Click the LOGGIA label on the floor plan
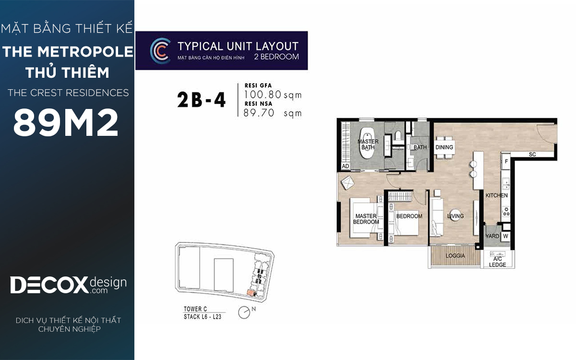[x=455, y=255]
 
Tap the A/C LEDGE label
[x=497, y=262]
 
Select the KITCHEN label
[x=496, y=195]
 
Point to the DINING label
[x=444, y=147]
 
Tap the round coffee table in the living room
[x=456, y=216]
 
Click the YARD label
[x=492, y=236]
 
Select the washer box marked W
[x=505, y=236]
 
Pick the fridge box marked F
[x=506, y=161]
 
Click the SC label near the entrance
[x=532, y=154]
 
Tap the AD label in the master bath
[x=345, y=166]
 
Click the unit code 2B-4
[x=201, y=100]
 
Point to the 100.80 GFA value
[x=262, y=95]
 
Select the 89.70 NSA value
[x=259, y=113]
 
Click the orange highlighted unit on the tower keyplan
[x=250, y=293]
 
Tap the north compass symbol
[x=244, y=312]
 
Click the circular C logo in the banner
[x=160, y=51]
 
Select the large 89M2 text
[x=66, y=122]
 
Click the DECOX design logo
[x=68, y=285]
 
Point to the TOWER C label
[x=195, y=309]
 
